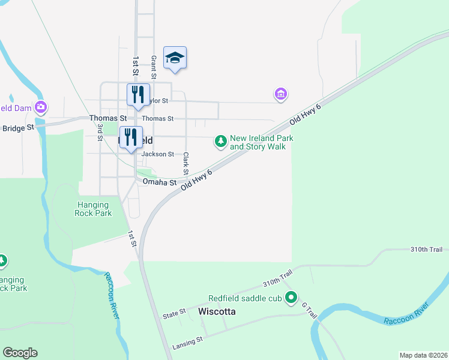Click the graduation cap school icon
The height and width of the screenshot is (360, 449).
175,58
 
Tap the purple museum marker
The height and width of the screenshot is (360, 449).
280,94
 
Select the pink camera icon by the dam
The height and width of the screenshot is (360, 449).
41,107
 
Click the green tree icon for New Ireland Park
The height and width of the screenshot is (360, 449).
221,142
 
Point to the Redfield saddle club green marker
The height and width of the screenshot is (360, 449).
291,297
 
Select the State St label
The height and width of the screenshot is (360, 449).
174,314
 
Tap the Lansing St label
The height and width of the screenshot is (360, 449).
188,339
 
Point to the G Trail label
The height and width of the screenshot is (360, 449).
309,310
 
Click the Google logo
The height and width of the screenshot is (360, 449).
20,353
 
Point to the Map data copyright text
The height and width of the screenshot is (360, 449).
424,355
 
